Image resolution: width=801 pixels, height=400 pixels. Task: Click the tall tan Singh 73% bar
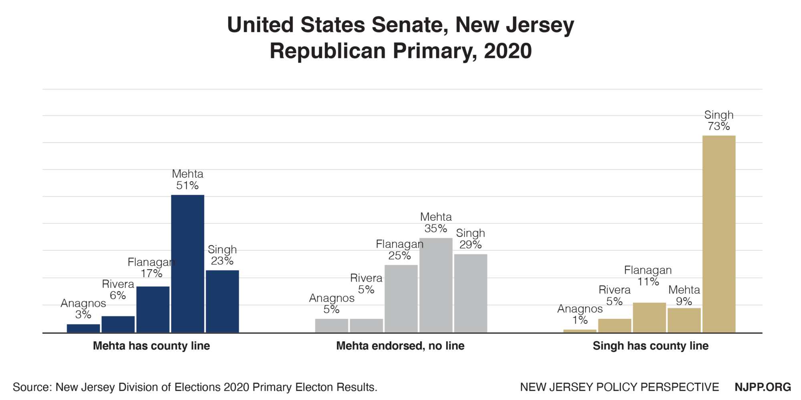[x=719, y=234]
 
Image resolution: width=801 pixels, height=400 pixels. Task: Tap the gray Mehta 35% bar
[x=436, y=285]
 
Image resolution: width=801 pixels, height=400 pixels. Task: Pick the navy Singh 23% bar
[x=222, y=301]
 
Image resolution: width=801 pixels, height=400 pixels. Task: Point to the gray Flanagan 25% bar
[x=401, y=298]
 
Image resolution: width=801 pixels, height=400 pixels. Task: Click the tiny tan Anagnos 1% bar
[x=580, y=331]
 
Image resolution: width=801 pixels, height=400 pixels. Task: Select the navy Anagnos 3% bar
[x=83, y=328]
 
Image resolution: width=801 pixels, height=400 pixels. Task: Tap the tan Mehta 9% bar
[x=684, y=320]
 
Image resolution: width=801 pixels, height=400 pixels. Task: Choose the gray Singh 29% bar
[x=471, y=293]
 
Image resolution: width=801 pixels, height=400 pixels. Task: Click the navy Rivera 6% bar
[x=118, y=324]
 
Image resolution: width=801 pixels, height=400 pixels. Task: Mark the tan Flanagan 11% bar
[x=649, y=317]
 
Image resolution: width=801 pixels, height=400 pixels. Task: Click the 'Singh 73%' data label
[x=718, y=120]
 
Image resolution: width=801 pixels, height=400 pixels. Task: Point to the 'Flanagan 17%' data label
[x=151, y=268]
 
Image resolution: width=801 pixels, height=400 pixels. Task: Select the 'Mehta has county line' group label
[x=151, y=346]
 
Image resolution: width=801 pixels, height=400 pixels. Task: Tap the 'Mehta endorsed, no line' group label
[x=400, y=346]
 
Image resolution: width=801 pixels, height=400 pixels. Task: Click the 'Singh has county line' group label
[x=650, y=346]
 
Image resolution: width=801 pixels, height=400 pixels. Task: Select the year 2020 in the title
[x=507, y=51]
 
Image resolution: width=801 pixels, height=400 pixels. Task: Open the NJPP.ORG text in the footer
[x=763, y=387]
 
